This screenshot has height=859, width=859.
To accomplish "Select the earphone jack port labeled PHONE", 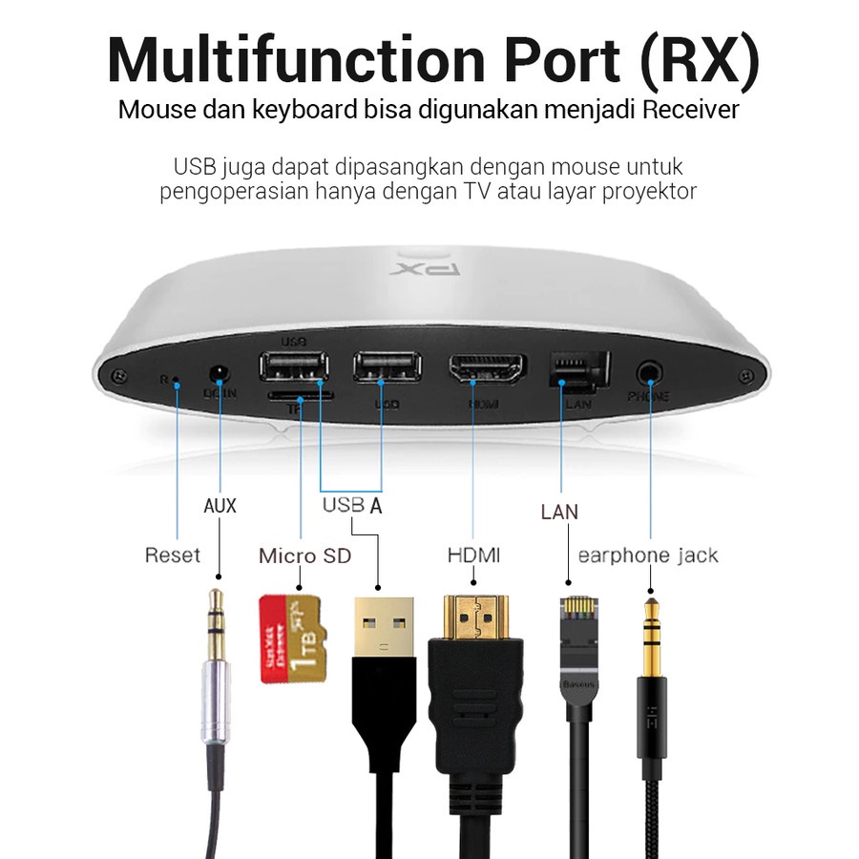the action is click(652, 370).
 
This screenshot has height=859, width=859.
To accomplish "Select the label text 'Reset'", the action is click(173, 555).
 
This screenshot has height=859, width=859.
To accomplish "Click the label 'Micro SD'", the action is click(304, 555).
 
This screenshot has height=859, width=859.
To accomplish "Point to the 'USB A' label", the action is click(351, 505).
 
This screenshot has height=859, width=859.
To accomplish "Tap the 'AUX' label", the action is click(220, 505).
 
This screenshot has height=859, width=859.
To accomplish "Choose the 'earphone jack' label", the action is click(648, 555).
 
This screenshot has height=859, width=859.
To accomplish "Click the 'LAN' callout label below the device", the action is click(559, 512).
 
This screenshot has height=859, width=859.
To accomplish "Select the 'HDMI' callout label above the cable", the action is click(474, 555).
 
